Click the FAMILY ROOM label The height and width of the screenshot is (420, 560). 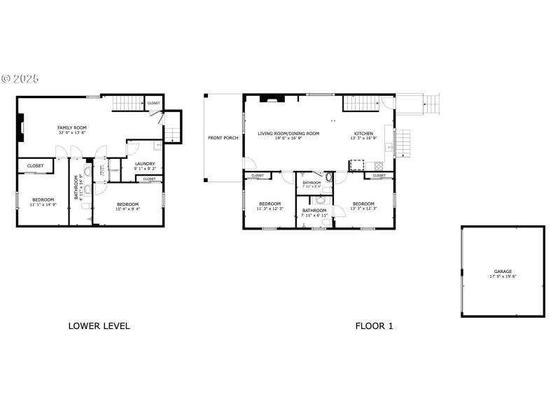click(x=72, y=127)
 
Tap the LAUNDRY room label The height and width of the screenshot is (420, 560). click(x=144, y=164)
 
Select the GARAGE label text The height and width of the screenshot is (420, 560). click(x=503, y=272)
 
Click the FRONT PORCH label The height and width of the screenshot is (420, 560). click(x=223, y=138)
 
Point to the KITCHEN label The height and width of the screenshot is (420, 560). click(x=363, y=133)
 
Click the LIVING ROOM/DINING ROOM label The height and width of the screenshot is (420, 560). click(x=288, y=133)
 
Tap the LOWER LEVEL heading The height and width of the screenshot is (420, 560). click(x=99, y=325)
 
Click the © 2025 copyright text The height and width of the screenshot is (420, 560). click(x=20, y=78)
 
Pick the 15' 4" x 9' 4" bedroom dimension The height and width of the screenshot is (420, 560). click(x=127, y=209)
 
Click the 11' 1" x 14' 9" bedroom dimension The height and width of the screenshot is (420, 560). click(x=43, y=204)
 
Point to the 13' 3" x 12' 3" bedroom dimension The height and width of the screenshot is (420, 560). click(x=363, y=209)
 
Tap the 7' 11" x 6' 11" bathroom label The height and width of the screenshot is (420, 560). click(x=314, y=215)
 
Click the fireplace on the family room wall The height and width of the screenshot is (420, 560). click(x=21, y=129)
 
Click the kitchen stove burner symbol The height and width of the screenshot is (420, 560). click(x=379, y=167)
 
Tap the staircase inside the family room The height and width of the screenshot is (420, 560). click(x=128, y=104)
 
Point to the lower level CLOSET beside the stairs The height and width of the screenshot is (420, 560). click(x=153, y=104)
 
